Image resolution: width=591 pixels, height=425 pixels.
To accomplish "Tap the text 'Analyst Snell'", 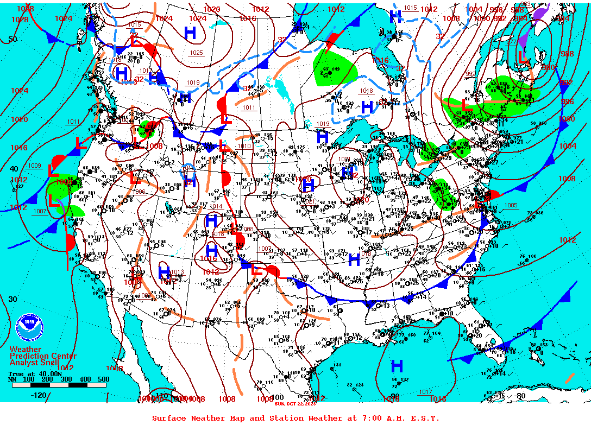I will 34,363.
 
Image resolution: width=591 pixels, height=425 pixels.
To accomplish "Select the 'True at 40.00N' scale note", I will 32,374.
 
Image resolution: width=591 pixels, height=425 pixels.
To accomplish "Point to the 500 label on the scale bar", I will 103,379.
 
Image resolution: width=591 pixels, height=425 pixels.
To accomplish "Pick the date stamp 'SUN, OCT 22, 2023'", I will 294,403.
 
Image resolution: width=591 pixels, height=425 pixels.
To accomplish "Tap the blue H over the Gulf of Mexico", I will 397,365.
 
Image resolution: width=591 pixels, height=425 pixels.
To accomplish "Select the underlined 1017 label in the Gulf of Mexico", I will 426,392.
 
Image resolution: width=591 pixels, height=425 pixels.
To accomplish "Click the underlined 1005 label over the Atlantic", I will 511,205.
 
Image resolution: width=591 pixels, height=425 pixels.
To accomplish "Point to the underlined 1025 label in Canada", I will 196,53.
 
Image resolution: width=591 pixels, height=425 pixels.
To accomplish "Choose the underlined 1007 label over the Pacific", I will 40,211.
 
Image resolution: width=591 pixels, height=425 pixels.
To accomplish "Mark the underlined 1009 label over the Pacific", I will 34,166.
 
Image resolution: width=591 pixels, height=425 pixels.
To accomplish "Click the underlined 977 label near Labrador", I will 512,42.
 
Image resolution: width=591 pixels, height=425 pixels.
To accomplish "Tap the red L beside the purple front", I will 523,56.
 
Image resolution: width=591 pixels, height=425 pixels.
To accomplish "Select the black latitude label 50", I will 12,39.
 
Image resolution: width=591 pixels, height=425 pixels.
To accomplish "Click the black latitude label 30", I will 12,299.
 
